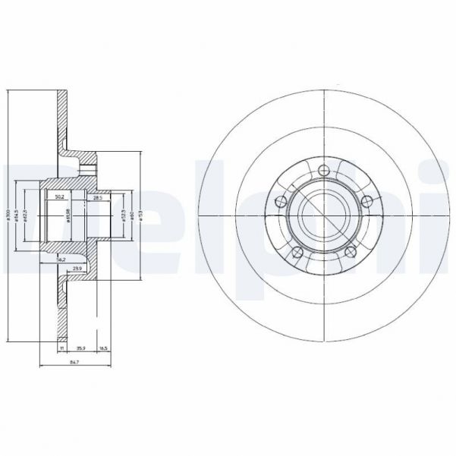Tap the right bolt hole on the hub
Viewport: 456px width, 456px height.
point(368,201)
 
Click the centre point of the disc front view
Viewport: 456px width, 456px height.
point(324,215)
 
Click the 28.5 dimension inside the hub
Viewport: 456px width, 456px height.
point(97,197)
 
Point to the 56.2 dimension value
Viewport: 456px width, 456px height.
point(61,259)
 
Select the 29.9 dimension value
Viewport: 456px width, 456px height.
point(77,268)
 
